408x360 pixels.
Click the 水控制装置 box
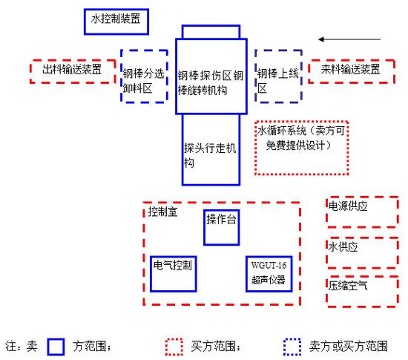point(116,21)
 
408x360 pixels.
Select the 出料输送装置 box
point(73,71)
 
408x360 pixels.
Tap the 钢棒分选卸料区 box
point(142,76)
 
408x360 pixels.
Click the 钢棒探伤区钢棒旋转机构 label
point(211,82)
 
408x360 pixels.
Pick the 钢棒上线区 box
point(277,76)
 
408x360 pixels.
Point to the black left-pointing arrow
point(349,39)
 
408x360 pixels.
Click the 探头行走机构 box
point(211,149)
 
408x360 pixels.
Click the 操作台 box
point(222,226)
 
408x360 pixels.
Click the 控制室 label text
point(162,212)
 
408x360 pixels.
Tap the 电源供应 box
point(362,212)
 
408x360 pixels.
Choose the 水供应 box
point(362,252)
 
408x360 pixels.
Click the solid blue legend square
point(56,346)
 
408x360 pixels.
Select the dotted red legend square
point(174,346)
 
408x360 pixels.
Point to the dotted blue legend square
point(292,346)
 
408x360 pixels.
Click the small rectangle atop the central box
point(211,32)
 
